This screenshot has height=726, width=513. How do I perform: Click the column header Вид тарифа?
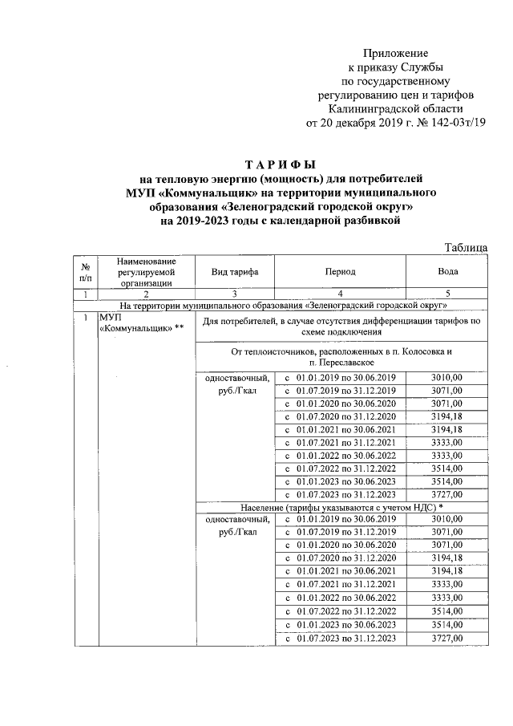[x=234, y=272]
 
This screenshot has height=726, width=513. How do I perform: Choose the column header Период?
[x=341, y=272]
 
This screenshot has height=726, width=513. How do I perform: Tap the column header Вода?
[x=447, y=272]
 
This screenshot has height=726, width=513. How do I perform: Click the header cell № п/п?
[x=84, y=272]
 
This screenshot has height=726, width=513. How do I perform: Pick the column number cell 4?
[x=341, y=294]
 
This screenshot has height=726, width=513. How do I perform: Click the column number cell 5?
[x=447, y=294]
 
